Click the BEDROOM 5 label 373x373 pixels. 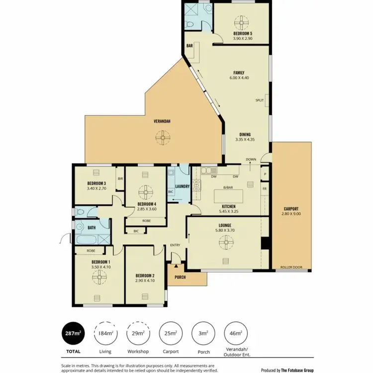click(243, 33)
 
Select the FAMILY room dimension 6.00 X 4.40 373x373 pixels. click(239, 78)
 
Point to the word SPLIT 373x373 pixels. click(259, 100)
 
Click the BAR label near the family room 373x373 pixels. click(189, 46)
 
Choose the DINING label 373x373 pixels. click(245, 134)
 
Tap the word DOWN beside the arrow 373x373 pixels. click(251, 159)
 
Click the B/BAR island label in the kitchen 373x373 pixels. click(228, 187)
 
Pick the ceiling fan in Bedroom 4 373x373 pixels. click(146, 191)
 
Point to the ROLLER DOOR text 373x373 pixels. click(291, 267)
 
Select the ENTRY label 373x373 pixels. click(175, 245)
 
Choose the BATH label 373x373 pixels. click(92, 228)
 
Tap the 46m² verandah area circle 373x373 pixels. click(234, 333)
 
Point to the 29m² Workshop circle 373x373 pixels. click(137, 333)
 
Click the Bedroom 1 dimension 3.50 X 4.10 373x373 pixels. click(100, 267)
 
